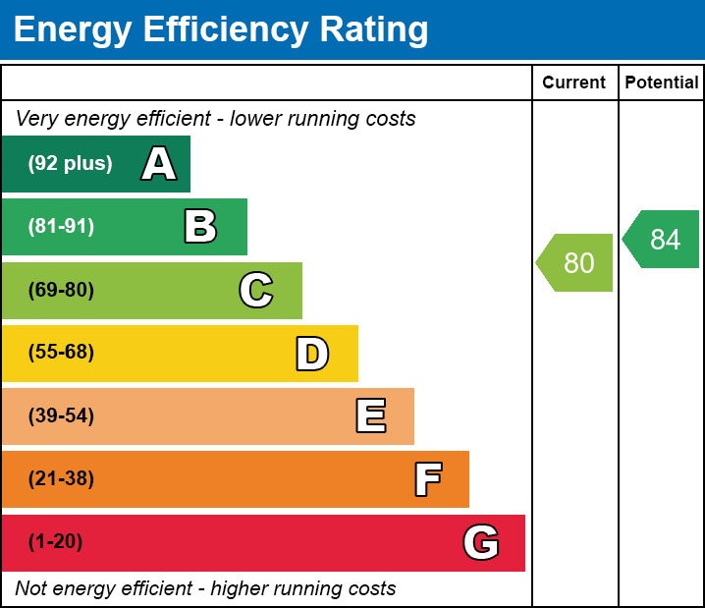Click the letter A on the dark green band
pyautogui.click(x=159, y=164)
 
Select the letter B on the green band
pyautogui.click(x=200, y=227)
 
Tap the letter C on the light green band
pyautogui.click(x=256, y=290)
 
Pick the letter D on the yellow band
pyautogui.click(x=312, y=354)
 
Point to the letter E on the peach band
pyautogui.click(x=370, y=416)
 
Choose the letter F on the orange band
pyautogui.click(x=427, y=479)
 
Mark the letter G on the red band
pyautogui.click(x=481, y=542)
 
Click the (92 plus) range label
pyautogui.click(x=70, y=164)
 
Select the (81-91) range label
pyautogui.click(x=61, y=227)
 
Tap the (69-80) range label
pyautogui.click(x=61, y=290)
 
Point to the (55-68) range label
pyautogui.click(x=61, y=353)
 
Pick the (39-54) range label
pyautogui.click(x=61, y=415)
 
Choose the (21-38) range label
pyautogui.click(x=61, y=479)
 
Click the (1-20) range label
pyautogui.click(x=55, y=542)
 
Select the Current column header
pyautogui.click(x=574, y=83)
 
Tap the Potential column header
pyautogui.click(x=662, y=83)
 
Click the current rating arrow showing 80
pyautogui.click(x=576, y=263)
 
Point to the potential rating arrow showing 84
pyautogui.click(x=663, y=240)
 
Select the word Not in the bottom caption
pyautogui.click(x=30, y=589)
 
